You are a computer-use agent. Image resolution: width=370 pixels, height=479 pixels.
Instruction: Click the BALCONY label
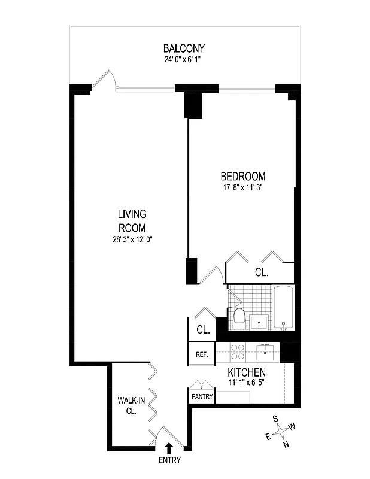click(184, 48)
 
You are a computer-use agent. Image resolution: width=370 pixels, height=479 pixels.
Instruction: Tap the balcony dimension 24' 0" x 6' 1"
click(184, 59)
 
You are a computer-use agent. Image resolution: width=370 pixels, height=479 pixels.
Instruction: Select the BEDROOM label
click(243, 177)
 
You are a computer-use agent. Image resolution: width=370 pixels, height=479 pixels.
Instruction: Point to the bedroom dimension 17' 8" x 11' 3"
click(243, 187)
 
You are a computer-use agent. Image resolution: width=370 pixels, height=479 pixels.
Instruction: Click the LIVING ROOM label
click(132, 220)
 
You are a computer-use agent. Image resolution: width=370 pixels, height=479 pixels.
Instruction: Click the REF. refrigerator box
click(202, 354)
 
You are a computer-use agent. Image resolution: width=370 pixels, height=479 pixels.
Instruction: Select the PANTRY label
click(202, 396)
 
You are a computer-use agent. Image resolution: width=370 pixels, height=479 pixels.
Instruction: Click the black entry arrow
click(169, 447)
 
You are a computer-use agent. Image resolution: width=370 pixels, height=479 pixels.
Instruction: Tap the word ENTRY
click(169, 460)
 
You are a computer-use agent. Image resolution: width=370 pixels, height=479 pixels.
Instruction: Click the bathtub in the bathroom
click(284, 307)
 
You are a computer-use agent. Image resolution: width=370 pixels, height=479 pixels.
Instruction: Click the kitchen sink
click(264, 351)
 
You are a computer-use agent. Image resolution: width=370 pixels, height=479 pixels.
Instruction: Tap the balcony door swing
click(105, 79)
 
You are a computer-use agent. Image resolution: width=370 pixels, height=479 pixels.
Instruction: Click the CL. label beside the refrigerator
click(202, 329)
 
